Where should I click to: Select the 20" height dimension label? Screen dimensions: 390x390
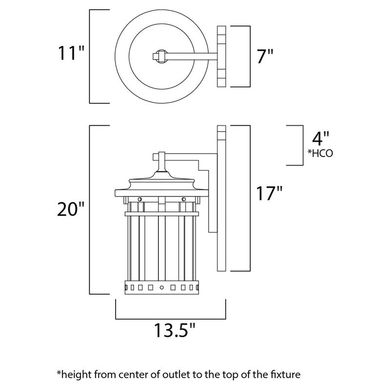[x=71, y=210]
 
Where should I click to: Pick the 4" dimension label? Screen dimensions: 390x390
[x=321, y=138]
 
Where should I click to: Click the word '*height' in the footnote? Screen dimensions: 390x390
[x=75, y=375]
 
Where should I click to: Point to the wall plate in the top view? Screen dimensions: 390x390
[x=222, y=57]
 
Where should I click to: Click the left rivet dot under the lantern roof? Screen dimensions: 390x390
[x=140, y=199]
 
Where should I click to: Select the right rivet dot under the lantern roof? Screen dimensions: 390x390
[x=184, y=199]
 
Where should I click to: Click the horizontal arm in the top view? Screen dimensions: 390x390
[x=190, y=57]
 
